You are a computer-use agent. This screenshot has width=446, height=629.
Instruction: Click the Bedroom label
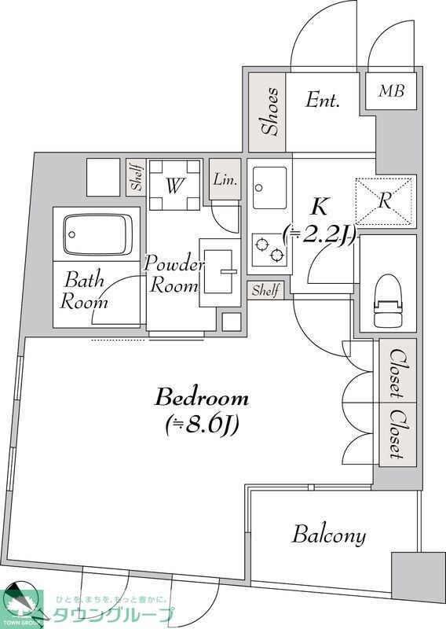(202, 398)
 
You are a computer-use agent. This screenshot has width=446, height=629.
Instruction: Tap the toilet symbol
(388, 300)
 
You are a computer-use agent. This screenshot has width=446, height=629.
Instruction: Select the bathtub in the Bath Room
(98, 234)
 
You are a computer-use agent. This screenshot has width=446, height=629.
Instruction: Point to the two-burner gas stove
(269, 249)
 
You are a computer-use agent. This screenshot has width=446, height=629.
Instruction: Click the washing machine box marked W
(174, 185)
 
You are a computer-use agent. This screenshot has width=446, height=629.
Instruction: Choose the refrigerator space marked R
(384, 200)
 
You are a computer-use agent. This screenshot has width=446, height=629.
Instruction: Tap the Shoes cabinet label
(270, 111)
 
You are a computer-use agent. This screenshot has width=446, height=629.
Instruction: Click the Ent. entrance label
(323, 99)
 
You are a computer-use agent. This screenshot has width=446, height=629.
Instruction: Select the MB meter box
(391, 90)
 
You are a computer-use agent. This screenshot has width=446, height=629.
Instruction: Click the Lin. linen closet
(225, 179)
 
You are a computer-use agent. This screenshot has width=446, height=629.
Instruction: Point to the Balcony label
(329, 535)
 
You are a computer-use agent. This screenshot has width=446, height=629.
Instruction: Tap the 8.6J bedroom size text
(202, 425)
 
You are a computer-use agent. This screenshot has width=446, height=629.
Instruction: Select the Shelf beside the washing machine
(137, 178)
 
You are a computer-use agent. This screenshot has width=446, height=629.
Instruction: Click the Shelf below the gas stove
(265, 290)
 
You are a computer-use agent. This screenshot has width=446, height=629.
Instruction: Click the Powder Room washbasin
(219, 271)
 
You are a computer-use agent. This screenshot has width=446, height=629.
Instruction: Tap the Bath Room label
(84, 290)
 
